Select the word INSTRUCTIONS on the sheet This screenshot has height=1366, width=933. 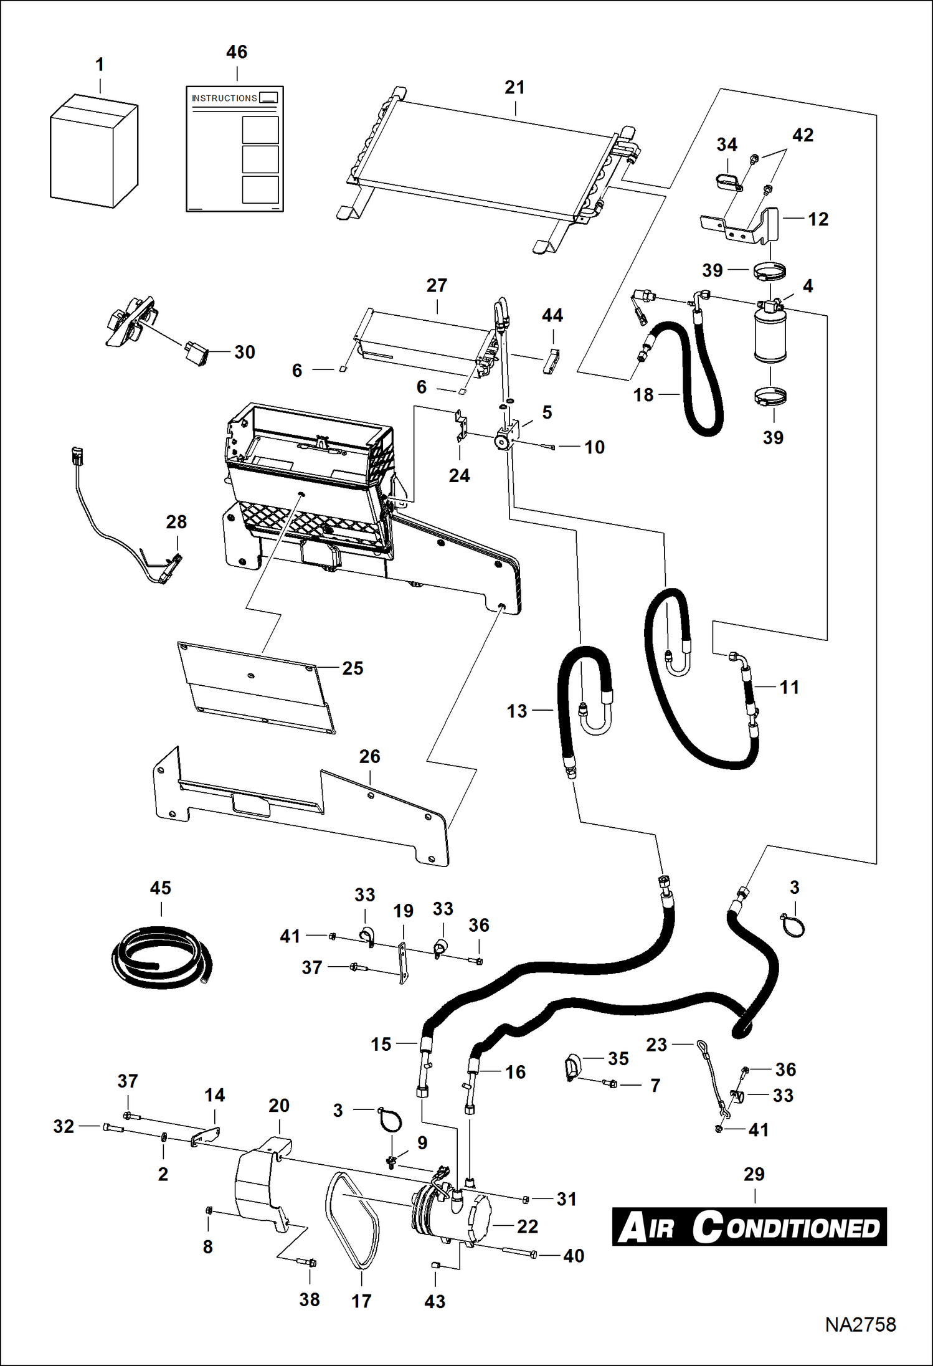224,98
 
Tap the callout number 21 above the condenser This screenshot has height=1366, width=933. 514,88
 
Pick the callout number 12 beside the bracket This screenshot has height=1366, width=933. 818,219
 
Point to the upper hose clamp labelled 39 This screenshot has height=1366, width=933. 770,272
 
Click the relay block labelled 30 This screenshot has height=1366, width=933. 195,353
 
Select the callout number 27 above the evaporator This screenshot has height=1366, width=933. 437,286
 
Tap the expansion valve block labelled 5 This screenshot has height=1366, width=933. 506,436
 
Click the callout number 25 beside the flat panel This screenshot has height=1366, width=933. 353,668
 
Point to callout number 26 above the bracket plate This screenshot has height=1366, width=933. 369,757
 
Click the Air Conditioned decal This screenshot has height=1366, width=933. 749,1226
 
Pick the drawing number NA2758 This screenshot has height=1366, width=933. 860,1324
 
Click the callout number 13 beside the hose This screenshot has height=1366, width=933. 516,711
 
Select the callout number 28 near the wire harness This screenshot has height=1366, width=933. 176,522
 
